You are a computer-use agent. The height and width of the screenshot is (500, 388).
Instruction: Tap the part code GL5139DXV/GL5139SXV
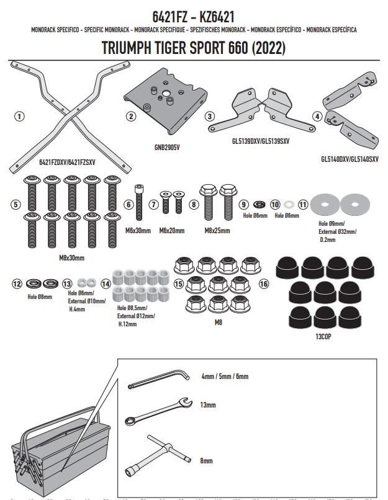258,141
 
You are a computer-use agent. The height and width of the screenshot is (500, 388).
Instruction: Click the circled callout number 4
317,116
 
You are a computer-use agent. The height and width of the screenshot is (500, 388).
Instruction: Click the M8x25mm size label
216,231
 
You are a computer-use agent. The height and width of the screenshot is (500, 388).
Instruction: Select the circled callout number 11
303,204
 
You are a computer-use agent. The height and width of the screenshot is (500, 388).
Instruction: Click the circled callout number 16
264,283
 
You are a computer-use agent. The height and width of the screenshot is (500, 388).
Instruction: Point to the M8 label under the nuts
217,322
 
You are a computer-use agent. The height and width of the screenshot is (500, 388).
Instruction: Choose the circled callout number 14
106,283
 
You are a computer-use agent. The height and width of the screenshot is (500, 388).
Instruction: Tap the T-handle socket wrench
164,450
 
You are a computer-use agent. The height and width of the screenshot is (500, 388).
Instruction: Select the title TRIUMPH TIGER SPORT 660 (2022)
193,48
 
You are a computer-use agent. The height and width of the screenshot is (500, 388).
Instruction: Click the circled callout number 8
194,204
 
